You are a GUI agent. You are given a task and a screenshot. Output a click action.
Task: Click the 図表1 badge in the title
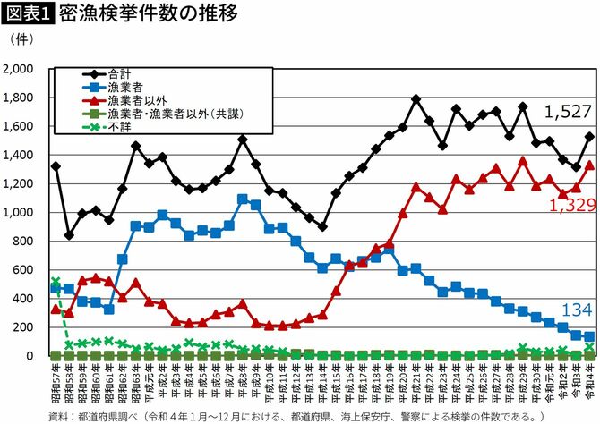pos(27,14)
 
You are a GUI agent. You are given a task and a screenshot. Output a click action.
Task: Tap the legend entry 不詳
pos(118,127)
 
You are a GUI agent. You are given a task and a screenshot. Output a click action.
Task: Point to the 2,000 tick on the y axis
pos(19,69)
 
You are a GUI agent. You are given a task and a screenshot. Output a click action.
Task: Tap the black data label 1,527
pos(567,112)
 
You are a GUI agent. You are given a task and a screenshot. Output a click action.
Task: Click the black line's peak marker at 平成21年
pos(416,99)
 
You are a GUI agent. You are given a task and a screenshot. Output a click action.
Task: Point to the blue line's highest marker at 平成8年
pos(243,199)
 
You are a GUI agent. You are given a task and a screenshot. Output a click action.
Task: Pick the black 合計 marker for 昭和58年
pos(69,235)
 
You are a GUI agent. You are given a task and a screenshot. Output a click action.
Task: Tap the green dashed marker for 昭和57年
pos(56,282)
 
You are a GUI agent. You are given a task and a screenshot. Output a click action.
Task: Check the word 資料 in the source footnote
pos(57,415)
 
